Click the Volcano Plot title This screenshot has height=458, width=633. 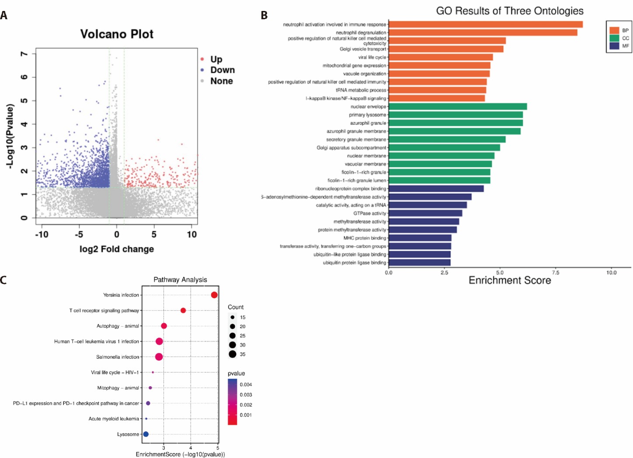pyautogui.click(x=117, y=34)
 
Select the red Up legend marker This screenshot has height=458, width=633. pyautogui.click(x=202, y=59)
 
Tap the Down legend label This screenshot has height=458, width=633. pyautogui.click(x=223, y=70)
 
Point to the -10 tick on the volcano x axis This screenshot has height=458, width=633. pyautogui.click(x=42, y=234)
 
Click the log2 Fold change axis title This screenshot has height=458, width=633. pyautogui.click(x=117, y=249)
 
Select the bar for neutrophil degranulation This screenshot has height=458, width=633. pyautogui.click(x=483, y=32)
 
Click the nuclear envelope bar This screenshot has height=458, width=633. pyautogui.click(x=457, y=106)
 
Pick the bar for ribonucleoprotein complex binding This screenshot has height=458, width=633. pyautogui.click(x=436, y=189)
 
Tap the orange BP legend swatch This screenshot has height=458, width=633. pyautogui.click(x=614, y=30)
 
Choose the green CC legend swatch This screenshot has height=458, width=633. pyautogui.click(x=614, y=38)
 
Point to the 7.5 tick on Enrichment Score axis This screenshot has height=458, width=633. pyautogui.click(x=555, y=273)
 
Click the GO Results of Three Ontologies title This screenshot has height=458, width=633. pyautogui.click(x=510, y=11)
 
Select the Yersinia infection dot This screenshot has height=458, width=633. pyautogui.click(x=214, y=295)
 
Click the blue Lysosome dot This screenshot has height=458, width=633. pyautogui.click(x=146, y=434)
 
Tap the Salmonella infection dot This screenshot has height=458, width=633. pyautogui.click(x=159, y=357)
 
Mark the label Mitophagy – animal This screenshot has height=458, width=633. pyautogui.click(x=118, y=388)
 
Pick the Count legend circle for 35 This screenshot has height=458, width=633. pyautogui.click(x=233, y=354)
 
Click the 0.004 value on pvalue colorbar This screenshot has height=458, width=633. pyautogui.click(x=246, y=385)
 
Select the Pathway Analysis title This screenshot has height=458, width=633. pyautogui.click(x=180, y=280)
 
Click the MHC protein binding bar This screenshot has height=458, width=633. pyautogui.click(x=420, y=238)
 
